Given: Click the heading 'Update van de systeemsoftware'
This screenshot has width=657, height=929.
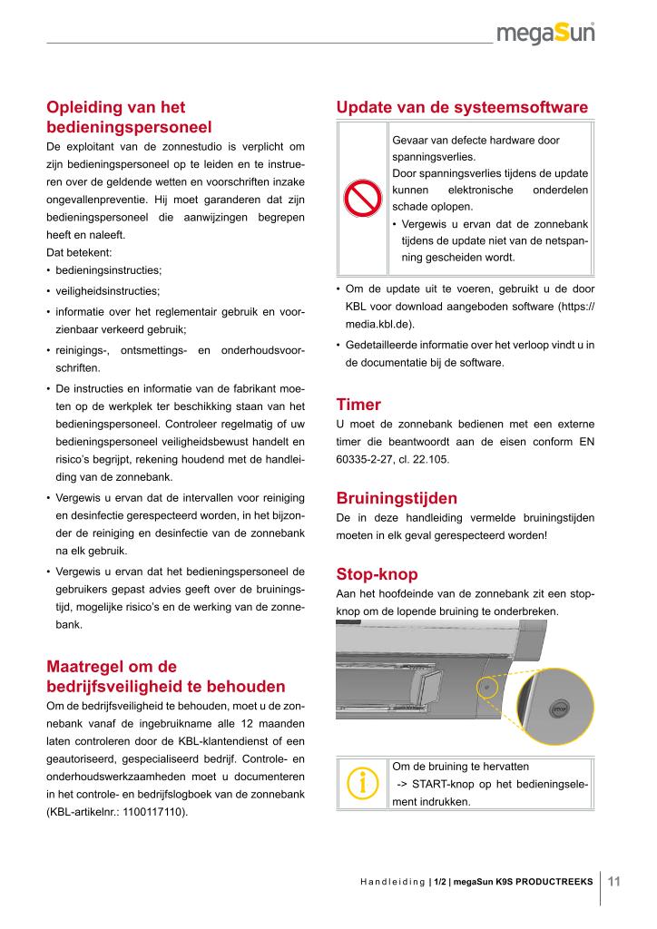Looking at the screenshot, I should [x=462, y=107].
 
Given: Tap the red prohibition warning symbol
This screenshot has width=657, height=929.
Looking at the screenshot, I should [x=362, y=199].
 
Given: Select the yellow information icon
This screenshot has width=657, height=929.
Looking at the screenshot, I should [x=362, y=785].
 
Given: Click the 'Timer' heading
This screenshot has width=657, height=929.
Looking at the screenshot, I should [x=358, y=405].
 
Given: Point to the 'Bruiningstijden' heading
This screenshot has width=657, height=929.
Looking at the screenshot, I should [x=397, y=498].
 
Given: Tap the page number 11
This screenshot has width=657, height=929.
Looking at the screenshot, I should [x=613, y=881].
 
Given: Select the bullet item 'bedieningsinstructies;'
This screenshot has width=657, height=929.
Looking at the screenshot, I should [x=109, y=270].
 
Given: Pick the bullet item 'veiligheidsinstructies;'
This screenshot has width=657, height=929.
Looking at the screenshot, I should [x=107, y=291].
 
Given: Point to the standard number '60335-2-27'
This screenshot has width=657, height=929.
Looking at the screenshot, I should [x=365, y=460].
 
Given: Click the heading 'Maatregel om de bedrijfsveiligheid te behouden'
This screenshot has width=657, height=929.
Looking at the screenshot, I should [x=165, y=674].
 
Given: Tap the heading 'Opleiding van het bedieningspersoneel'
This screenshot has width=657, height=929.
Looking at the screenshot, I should [x=142, y=117].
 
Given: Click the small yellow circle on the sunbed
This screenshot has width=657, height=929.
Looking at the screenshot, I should [x=486, y=687].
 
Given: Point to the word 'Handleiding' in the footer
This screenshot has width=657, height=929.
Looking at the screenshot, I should [x=393, y=881].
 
